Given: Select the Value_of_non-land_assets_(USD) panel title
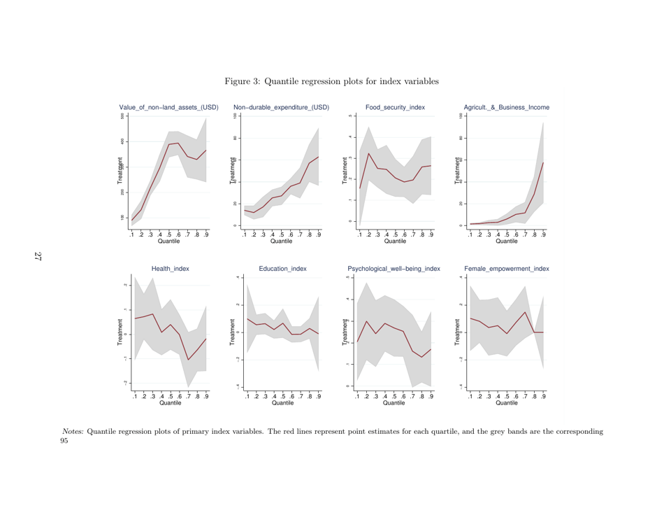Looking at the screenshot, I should click(168, 107).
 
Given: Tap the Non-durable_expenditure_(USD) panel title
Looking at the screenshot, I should click(281, 107).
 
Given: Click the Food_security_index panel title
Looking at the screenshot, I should click(394, 107).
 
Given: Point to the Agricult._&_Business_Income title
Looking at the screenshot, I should click(506, 107).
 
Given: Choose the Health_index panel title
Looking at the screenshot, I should click(170, 268).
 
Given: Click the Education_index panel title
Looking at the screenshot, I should click(282, 268).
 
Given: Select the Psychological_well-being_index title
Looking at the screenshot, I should click(394, 268).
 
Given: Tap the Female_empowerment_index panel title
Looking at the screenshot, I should click(506, 268).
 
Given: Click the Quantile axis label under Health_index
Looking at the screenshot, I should click(170, 402).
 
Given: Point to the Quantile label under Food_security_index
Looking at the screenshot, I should click(395, 241).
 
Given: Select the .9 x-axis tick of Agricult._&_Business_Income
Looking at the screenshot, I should click(543, 234).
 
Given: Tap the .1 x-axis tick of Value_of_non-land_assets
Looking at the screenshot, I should click(131, 234).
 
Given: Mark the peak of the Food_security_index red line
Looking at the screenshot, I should click(368, 153).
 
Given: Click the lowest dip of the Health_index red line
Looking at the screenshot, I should click(188, 360).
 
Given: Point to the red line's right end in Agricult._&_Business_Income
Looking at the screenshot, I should click(543, 162).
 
